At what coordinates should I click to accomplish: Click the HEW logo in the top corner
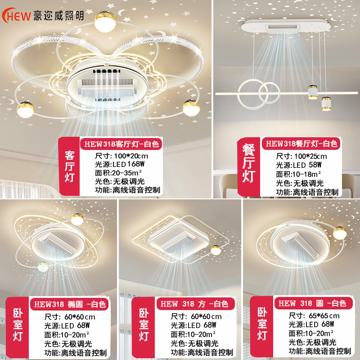(17, 15)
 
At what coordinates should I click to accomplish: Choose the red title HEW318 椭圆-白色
(68, 304)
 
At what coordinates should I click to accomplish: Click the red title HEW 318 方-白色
(194, 304)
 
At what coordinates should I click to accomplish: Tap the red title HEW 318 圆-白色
(311, 304)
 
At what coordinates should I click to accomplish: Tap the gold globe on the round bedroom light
(338, 233)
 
